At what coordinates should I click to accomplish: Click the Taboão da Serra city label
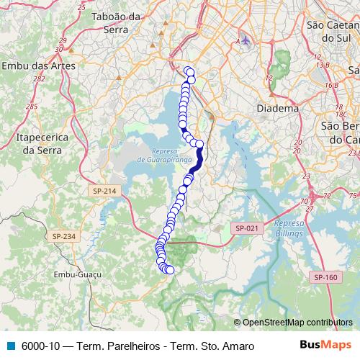point(117,22)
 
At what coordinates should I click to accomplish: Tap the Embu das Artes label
point(40,66)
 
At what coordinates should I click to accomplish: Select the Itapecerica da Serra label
point(40,143)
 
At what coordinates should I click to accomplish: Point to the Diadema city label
point(277,108)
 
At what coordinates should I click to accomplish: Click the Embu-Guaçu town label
point(76,274)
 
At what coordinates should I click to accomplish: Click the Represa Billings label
point(289,229)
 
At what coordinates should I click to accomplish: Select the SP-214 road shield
point(104,191)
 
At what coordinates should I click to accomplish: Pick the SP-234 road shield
point(63,236)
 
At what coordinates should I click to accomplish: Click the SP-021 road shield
point(245,228)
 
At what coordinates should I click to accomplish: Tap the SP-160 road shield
point(325,276)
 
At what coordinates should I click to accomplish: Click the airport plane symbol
point(246,40)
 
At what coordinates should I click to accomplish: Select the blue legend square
point(10,346)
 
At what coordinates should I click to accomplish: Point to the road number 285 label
point(31,106)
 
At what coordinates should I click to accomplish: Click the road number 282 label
point(39,79)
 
